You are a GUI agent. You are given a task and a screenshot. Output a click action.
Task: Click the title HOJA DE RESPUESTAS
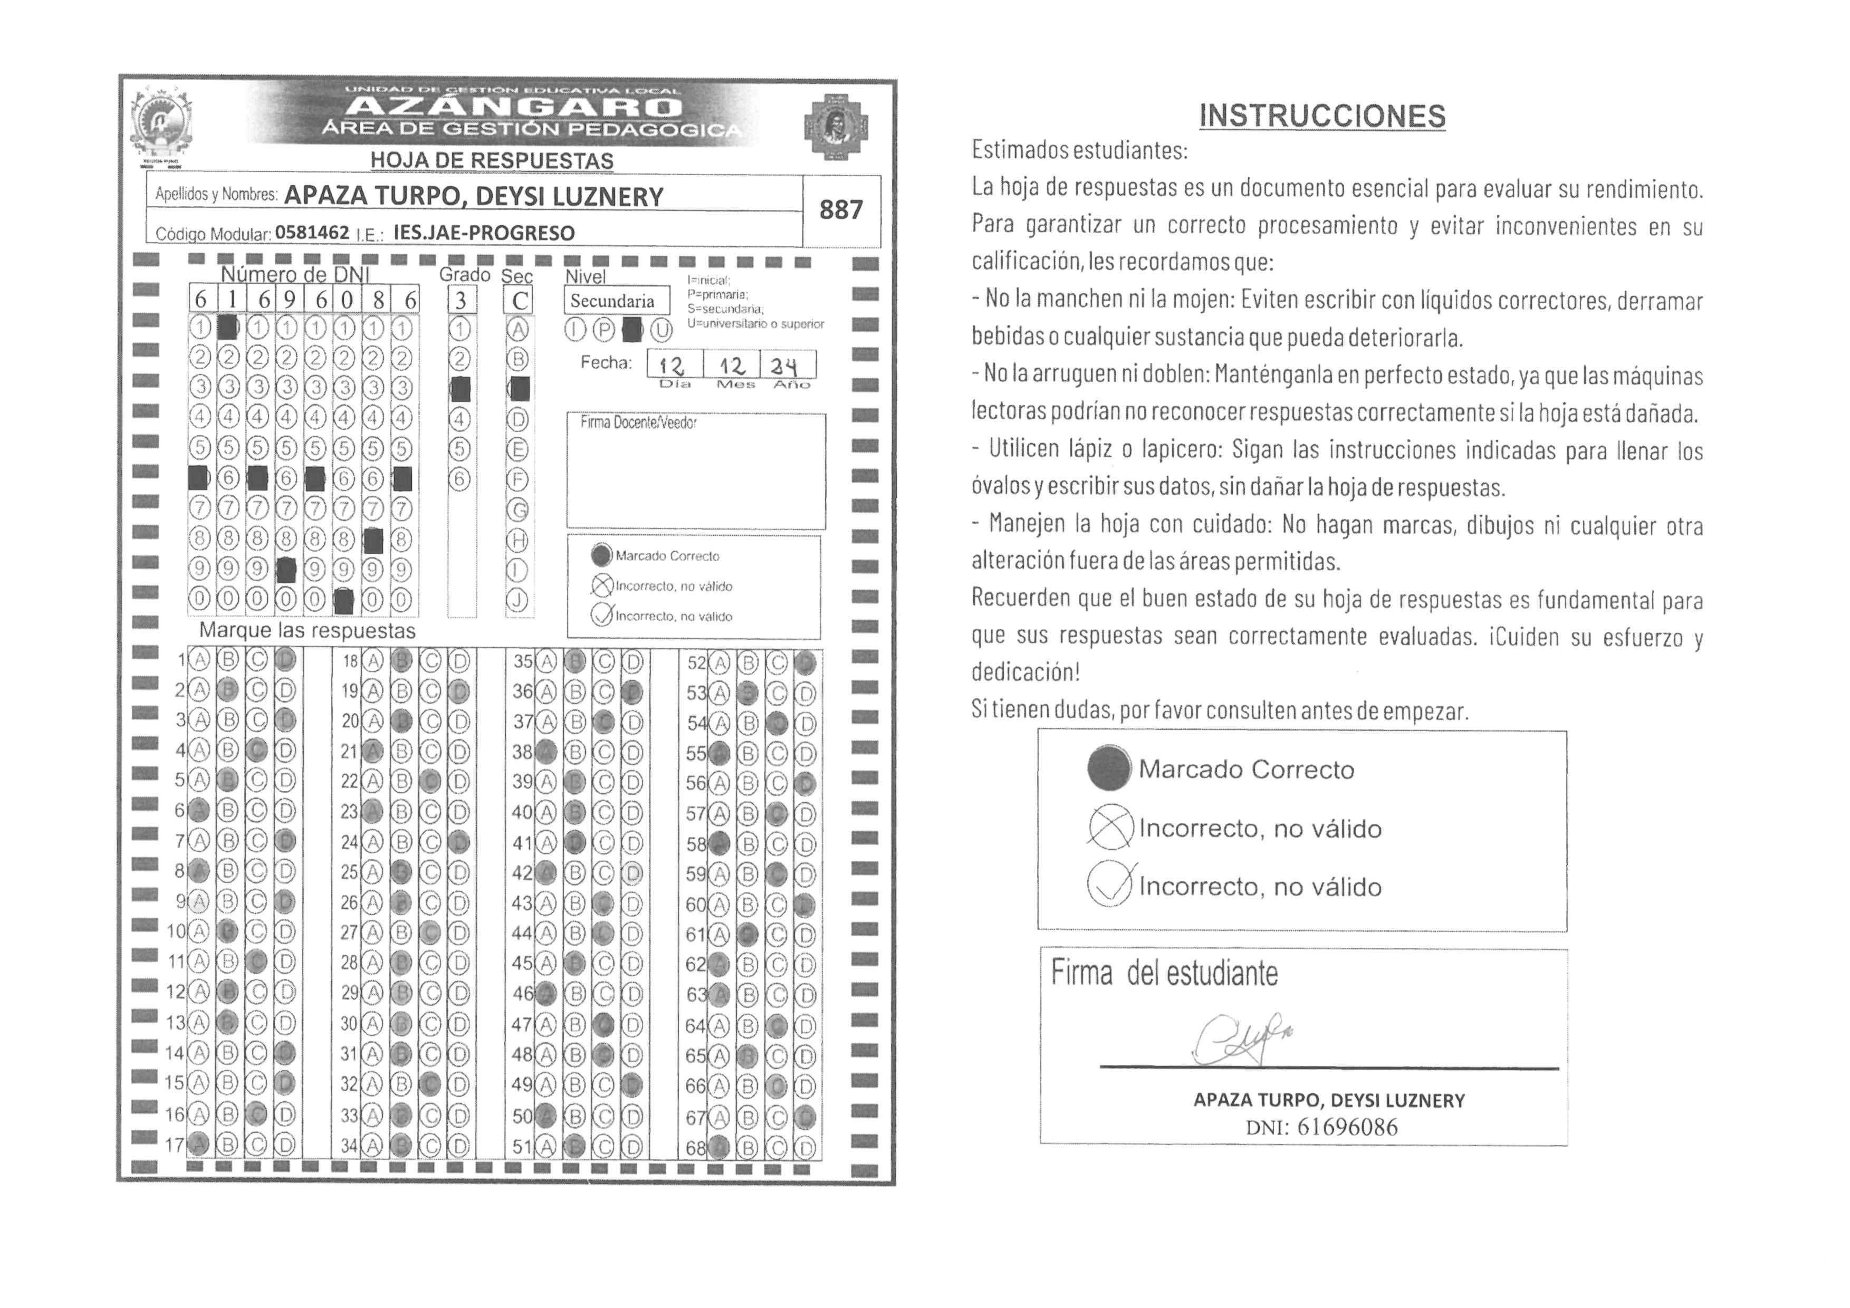pyautogui.click(x=492, y=161)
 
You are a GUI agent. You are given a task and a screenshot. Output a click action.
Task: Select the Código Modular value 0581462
pyautogui.click(x=312, y=233)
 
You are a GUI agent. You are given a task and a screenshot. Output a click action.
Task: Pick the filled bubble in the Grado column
pyautogui.click(x=460, y=389)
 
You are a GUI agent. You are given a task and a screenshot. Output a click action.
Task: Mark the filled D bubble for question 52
pyautogui.click(x=805, y=663)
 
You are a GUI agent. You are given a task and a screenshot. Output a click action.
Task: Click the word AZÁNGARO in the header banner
pyautogui.click(x=516, y=107)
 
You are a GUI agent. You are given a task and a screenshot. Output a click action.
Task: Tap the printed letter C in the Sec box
pyautogui.click(x=521, y=301)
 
